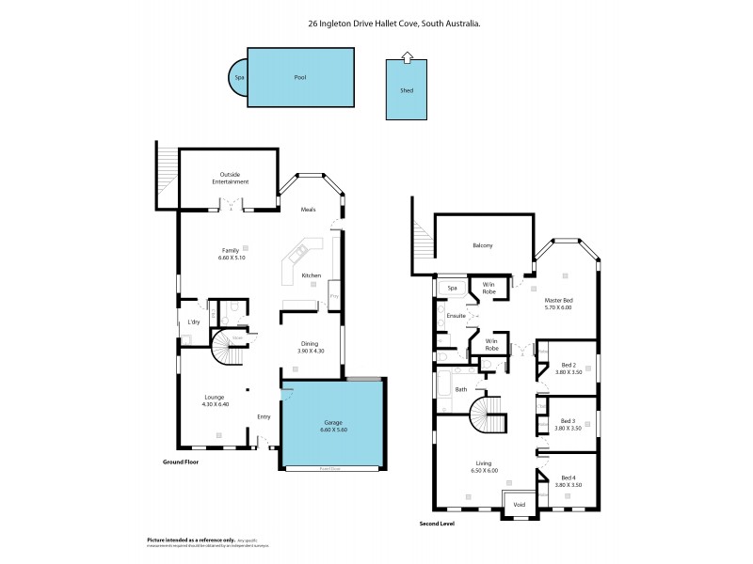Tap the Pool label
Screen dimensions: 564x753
pos(301,78)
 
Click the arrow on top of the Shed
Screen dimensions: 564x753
pos(406,58)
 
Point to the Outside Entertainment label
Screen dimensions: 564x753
pos(230,178)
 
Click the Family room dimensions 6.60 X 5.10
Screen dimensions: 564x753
pos(231,257)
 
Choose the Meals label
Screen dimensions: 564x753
pos(309,210)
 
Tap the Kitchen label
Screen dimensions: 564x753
pos(312,275)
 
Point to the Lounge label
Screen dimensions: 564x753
pos(215,397)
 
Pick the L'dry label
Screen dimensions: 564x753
pos(194,322)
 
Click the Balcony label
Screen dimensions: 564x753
pos(483,246)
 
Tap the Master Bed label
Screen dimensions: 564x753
pos(559,300)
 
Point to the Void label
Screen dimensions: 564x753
pos(519,505)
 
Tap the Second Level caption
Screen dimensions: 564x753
pos(437,524)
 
